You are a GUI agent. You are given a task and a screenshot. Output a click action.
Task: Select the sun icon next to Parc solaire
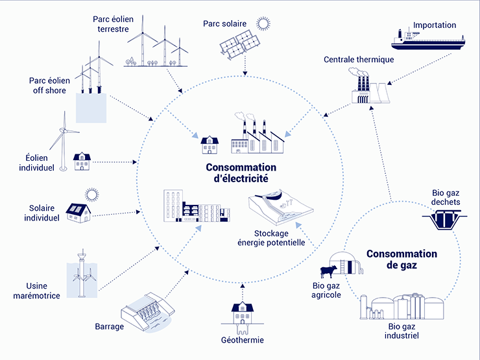263,25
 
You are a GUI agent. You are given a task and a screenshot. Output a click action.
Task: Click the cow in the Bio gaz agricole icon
328,272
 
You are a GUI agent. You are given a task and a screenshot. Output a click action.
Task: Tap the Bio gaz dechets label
446,197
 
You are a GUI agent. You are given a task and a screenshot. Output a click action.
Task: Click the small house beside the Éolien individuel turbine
83,162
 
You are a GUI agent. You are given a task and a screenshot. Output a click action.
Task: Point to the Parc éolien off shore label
47,86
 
